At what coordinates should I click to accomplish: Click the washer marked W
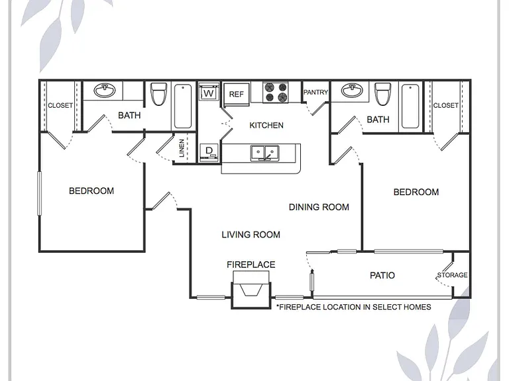[x=209, y=92]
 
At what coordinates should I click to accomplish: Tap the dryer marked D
[x=209, y=152]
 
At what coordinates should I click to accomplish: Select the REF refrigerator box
[x=237, y=95]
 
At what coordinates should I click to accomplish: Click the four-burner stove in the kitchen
[x=276, y=93]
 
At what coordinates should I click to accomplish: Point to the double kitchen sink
[x=264, y=153]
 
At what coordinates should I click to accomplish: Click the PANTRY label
[x=315, y=93]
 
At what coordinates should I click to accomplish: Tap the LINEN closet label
[x=182, y=148]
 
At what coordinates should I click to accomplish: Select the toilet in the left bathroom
[x=159, y=94]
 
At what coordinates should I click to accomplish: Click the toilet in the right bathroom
[x=382, y=94]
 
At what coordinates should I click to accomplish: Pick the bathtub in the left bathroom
[x=183, y=106]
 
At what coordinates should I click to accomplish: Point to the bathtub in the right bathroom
[x=410, y=106]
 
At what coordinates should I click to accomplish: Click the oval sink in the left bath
[x=105, y=91]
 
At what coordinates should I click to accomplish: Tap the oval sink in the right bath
[x=352, y=91]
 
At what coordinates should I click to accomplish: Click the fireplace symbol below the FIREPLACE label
[x=251, y=290]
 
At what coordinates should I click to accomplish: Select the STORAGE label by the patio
[x=452, y=275]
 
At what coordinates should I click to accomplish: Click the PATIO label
[x=382, y=275]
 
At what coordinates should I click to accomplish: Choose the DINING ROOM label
[x=319, y=207]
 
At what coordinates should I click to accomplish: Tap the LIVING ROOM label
[x=251, y=235]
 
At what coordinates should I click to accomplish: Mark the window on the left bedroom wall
[x=40, y=193]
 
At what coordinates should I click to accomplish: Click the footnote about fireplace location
[x=353, y=307]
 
